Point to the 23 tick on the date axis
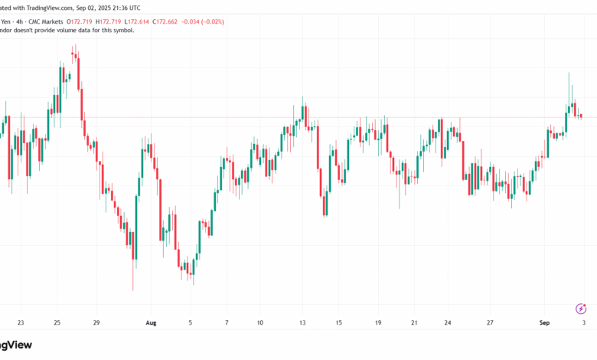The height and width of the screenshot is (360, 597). [20, 323]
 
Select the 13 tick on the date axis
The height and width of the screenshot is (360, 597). [303, 323]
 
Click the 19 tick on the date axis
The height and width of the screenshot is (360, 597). [378, 323]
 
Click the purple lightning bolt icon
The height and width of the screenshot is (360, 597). [581, 309]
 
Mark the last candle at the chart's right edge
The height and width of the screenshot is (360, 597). [582, 116]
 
